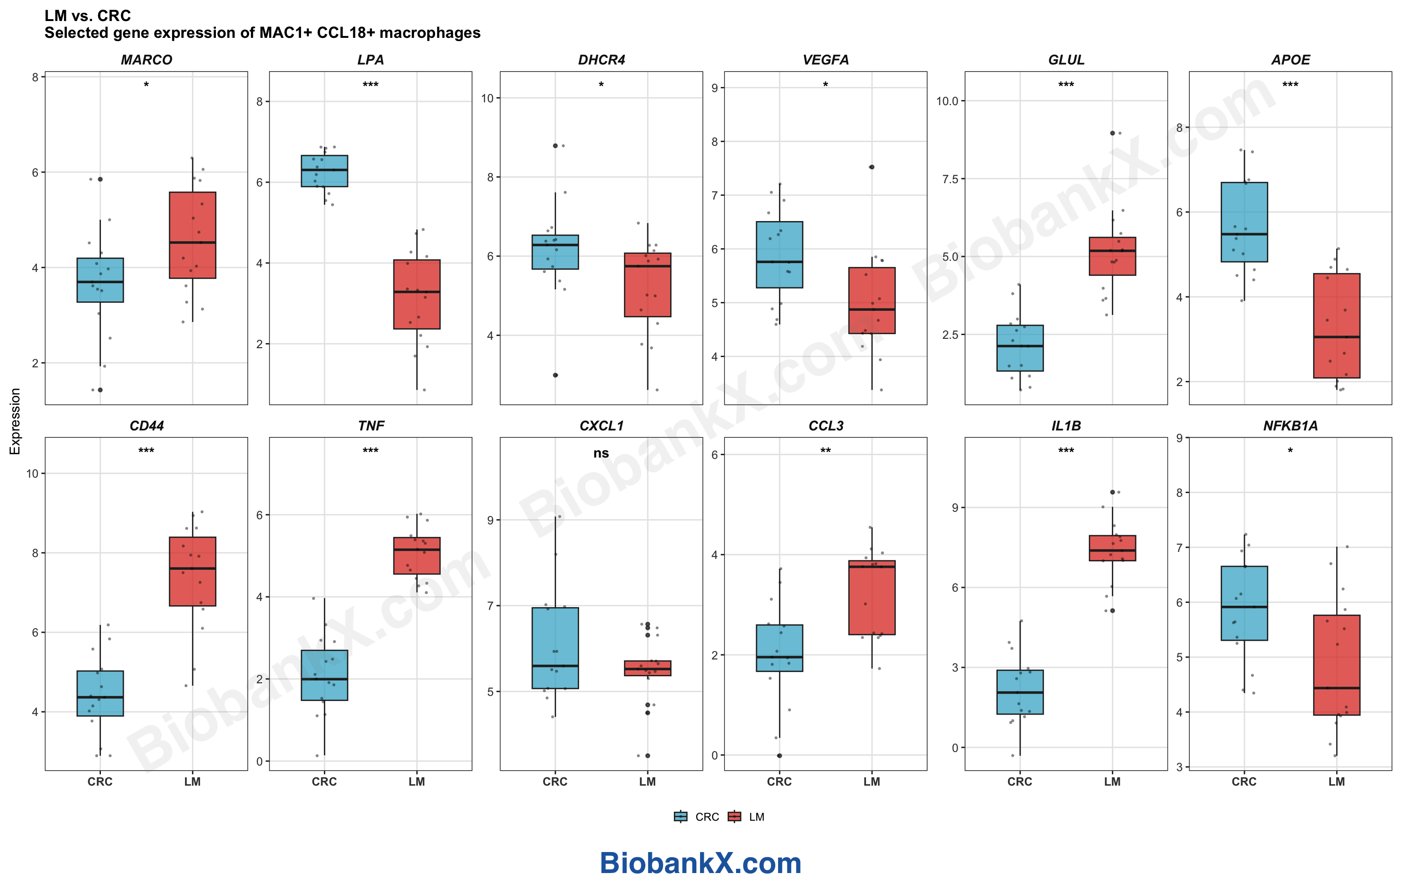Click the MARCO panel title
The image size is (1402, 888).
tap(146, 60)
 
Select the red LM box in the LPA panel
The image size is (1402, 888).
tap(416, 294)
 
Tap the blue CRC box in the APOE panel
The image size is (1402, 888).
tap(1244, 222)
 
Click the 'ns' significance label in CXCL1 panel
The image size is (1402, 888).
tap(601, 453)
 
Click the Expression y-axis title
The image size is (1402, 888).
tap(14, 421)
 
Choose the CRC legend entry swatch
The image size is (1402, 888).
tap(680, 816)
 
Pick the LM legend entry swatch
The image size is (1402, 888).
tap(734, 816)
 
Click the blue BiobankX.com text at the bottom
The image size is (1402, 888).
tap(701, 863)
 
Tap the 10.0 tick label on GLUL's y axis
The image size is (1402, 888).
tap(947, 101)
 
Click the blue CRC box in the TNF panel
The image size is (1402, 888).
tap(324, 675)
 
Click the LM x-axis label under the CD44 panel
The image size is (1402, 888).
tap(192, 781)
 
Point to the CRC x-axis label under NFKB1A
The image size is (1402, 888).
tap(1244, 781)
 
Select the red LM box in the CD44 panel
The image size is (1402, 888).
tap(192, 571)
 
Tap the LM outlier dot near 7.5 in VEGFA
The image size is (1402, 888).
tap(871, 167)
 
